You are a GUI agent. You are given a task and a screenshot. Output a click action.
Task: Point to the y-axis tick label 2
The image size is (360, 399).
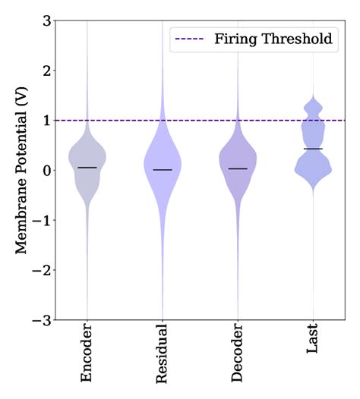(46, 71)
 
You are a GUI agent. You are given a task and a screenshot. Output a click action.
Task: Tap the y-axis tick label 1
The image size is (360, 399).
(46, 121)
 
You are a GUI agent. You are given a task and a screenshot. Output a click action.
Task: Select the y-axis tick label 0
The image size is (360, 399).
(46, 171)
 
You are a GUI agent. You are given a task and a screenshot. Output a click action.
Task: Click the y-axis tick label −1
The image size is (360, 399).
(43, 221)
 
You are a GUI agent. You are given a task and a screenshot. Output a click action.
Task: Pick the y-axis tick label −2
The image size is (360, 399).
(43, 271)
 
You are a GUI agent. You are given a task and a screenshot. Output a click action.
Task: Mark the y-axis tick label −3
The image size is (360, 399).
(43, 321)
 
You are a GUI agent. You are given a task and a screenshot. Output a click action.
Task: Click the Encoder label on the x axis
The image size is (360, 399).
(87, 356)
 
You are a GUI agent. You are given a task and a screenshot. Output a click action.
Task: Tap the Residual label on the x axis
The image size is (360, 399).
(162, 357)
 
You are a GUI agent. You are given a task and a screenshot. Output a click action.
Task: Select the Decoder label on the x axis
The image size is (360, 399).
(237, 357)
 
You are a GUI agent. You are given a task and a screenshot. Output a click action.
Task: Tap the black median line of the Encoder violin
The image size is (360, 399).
(87, 167)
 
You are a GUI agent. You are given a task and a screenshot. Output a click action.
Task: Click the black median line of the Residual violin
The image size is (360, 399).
(162, 170)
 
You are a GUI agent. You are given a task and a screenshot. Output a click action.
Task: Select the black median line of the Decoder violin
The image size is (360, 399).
(237, 168)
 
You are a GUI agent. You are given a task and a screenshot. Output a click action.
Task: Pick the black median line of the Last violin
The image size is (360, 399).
(312, 149)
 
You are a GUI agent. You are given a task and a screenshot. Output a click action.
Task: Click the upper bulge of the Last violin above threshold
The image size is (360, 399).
(312, 108)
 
